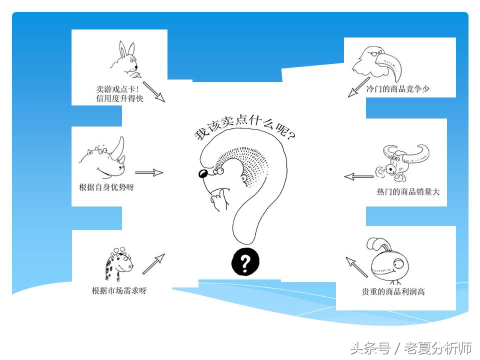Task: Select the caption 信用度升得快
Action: point(119,98)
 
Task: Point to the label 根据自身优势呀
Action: point(106,187)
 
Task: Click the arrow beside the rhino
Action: point(148,172)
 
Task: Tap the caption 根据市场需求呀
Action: point(119,290)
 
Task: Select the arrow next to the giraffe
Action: point(153,264)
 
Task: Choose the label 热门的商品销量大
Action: point(408,191)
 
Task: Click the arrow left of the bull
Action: point(358,176)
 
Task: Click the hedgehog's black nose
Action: point(203,174)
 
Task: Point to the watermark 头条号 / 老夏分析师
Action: point(411,347)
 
